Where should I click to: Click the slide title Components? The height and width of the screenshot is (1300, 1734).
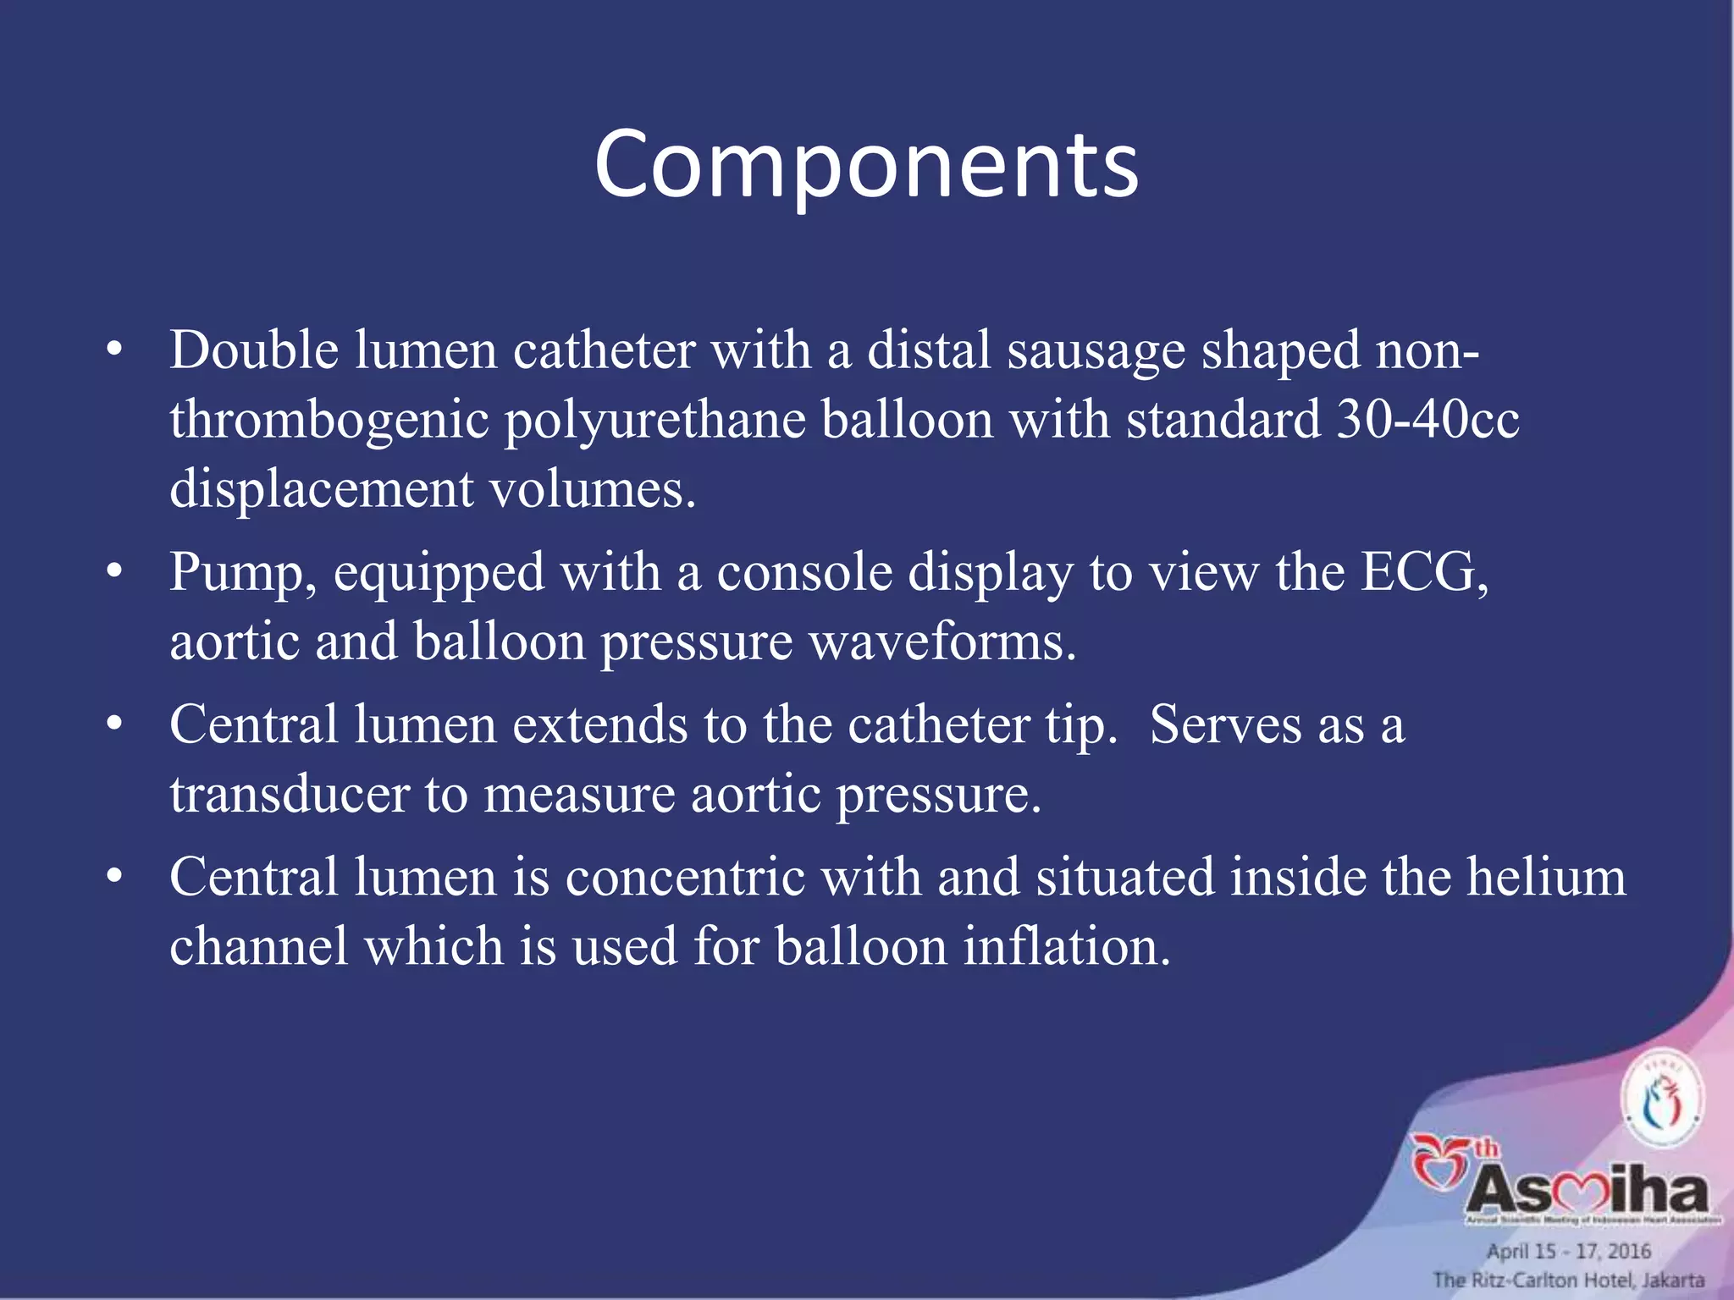tap(866, 165)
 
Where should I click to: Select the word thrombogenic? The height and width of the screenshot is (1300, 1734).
tap(329, 421)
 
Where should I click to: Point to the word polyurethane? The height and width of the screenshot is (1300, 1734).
tap(654, 421)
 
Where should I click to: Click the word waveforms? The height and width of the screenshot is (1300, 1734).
tap(942, 642)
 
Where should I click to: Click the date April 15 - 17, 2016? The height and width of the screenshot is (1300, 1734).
tap(1568, 1251)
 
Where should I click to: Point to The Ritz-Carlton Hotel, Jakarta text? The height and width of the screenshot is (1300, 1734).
tap(1568, 1280)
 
